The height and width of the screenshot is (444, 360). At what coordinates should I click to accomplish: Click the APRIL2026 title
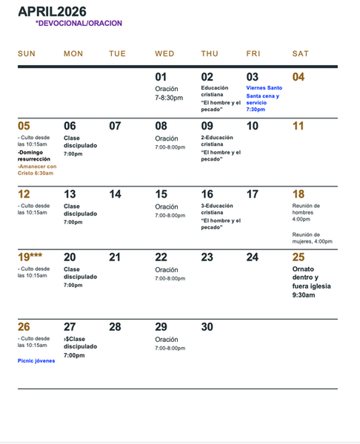point(52,12)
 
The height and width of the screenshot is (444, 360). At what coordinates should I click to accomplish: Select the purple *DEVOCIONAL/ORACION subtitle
point(79,24)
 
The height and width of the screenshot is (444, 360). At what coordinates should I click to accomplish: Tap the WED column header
point(164,53)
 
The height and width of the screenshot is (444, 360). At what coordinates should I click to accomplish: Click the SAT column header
point(301,53)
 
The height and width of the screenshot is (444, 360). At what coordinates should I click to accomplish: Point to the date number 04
point(299,77)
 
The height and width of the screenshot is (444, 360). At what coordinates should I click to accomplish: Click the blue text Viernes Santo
point(264,88)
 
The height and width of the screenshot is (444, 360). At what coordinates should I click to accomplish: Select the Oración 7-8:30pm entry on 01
point(169,92)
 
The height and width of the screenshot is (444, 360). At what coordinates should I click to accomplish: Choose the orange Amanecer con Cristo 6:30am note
point(36,169)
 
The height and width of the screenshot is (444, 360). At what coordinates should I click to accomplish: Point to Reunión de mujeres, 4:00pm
point(312,238)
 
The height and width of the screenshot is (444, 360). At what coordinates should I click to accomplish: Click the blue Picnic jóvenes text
point(36,360)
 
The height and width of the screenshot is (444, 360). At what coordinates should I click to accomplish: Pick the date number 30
point(207,326)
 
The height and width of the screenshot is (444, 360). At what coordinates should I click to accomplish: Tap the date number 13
point(70,194)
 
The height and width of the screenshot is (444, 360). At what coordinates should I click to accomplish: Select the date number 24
point(253,257)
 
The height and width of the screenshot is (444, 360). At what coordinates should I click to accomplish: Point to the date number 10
point(253,126)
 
